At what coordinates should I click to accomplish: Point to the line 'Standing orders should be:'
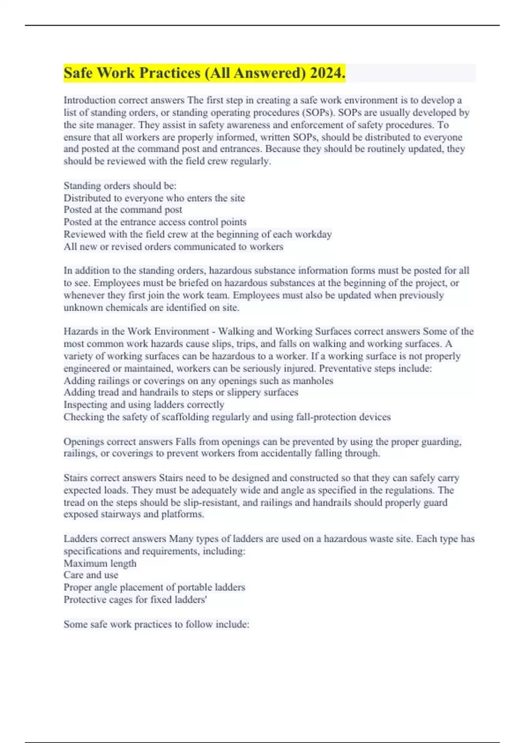coord(120,186)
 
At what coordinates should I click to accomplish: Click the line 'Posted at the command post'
coord(123,210)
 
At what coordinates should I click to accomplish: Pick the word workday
coord(313,234)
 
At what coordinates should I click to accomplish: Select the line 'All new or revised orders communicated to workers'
coord(173,247)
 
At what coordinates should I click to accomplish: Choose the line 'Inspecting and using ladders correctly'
coord(144,405)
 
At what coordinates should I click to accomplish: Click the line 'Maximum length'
coord(100,563)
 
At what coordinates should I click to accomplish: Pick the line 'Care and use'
coord(91,575)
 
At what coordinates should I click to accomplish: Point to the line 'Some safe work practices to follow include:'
coord(156,624)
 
